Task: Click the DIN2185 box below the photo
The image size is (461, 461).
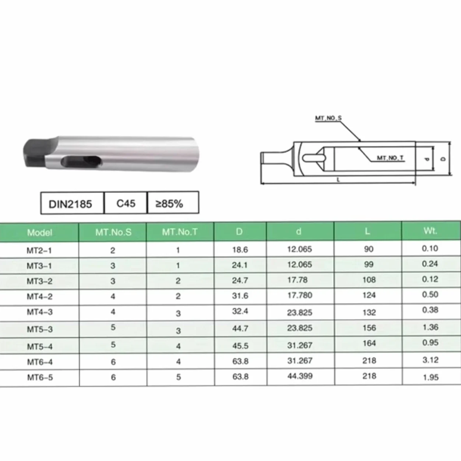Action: [72, 203]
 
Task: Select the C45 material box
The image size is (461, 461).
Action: [126, 203]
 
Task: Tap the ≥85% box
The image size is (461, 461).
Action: [173, 203]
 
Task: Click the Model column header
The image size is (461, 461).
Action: [39, 233]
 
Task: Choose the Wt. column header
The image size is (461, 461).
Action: [430, 231]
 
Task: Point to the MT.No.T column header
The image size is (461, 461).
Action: [180, 232]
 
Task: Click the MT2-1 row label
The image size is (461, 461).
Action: [39, 250]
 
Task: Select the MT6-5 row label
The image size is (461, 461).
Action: [40, 377]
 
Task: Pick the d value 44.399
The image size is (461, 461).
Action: [300, 376]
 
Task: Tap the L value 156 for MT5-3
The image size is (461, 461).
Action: [369, 327]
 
